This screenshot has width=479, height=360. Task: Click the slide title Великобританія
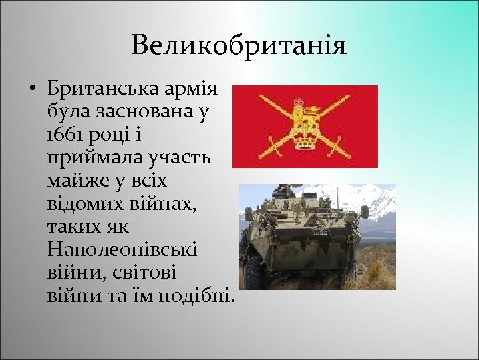coord(239,46)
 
